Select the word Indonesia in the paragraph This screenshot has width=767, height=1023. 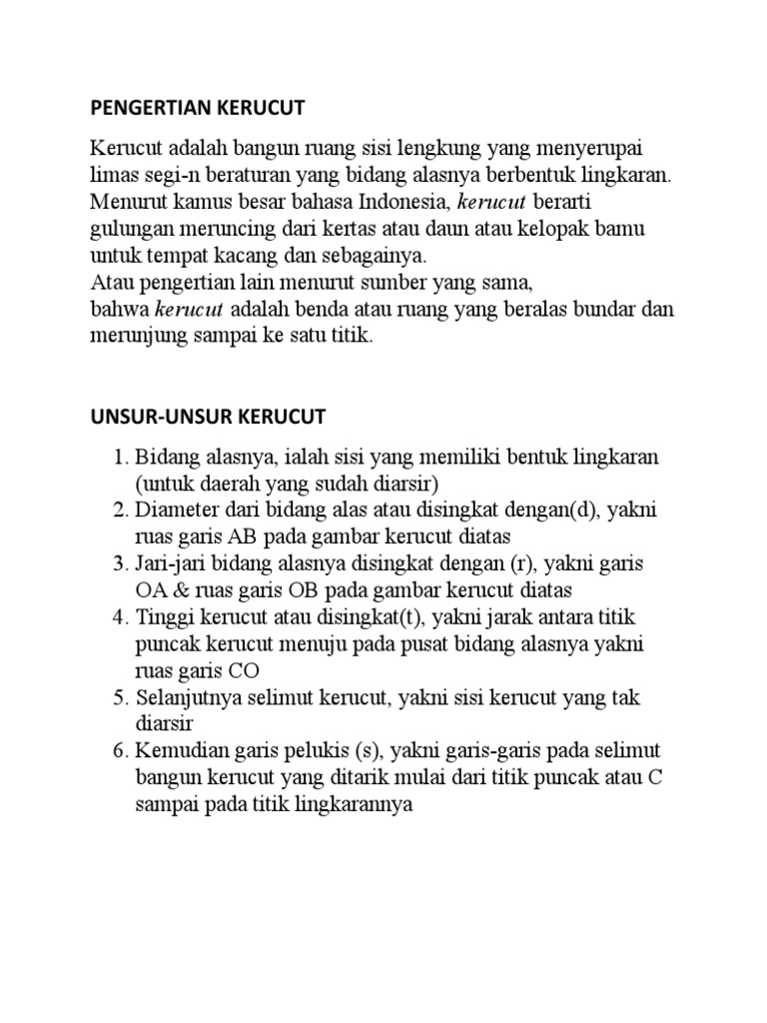(x=409, y=203)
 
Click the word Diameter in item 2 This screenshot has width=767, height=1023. (x=176, y=511)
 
